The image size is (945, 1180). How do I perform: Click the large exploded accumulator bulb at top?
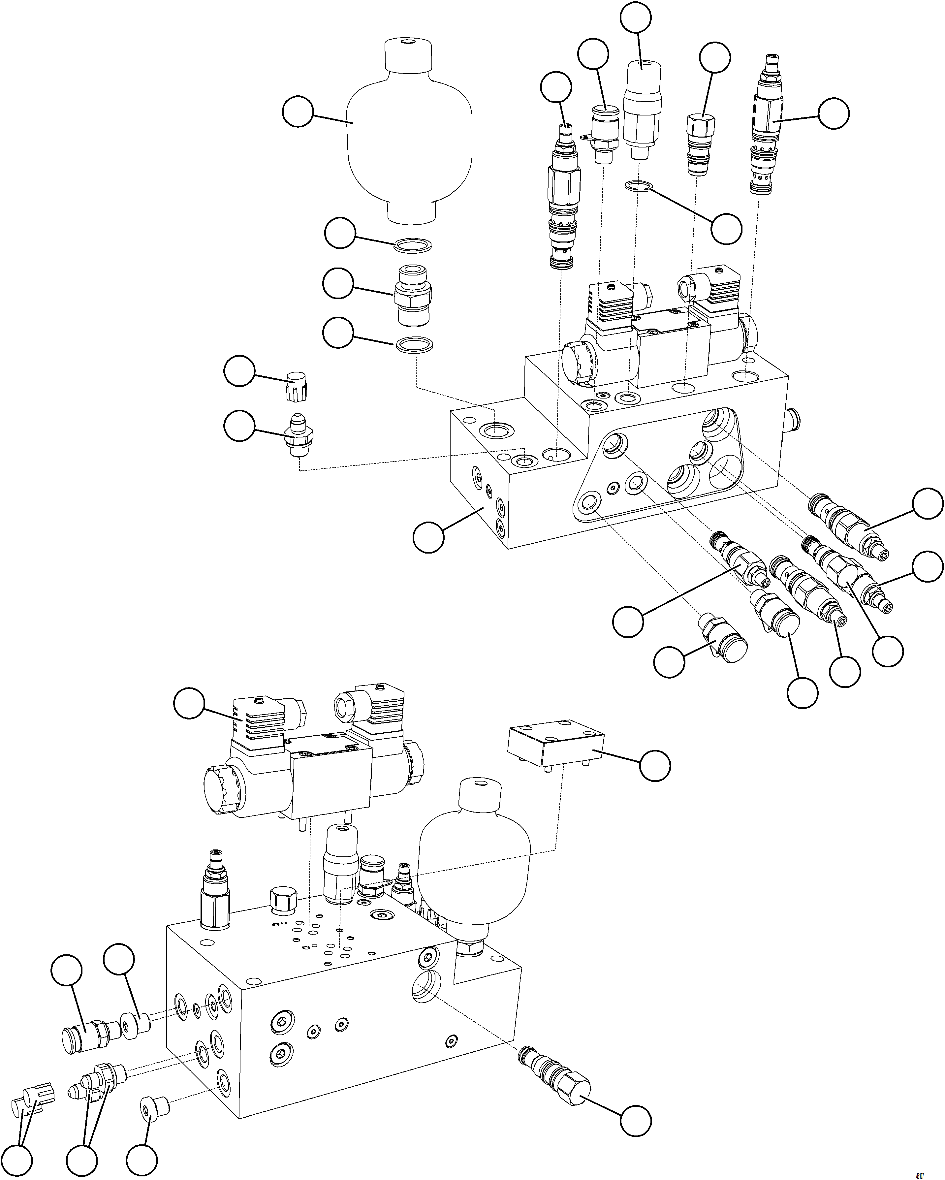409,137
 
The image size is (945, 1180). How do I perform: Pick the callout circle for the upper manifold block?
428,537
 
